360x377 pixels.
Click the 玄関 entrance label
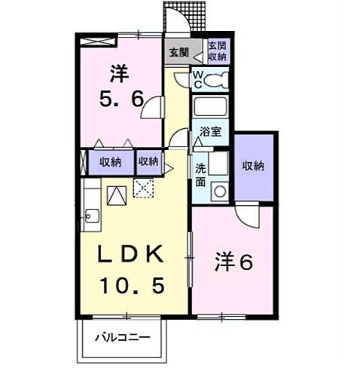(178, 52)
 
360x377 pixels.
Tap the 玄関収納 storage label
(217, 52)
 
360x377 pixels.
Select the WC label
(197, 78)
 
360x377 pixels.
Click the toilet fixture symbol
(217, 79)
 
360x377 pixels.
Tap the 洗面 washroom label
(201, 174)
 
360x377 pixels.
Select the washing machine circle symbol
(219, 191)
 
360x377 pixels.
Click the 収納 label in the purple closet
(253, 166)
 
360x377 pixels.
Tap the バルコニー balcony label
(122, 338)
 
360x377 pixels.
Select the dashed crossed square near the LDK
(142, 189)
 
